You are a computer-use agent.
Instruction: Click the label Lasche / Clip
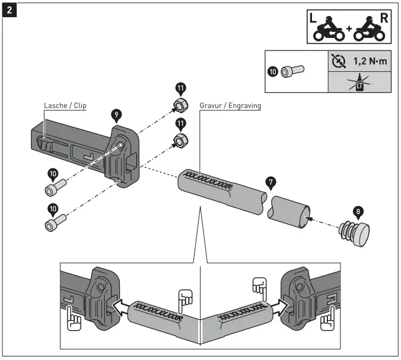coord(65,106)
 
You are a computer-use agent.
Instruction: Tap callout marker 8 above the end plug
coord(358,211)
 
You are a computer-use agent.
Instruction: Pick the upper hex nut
coord(178,107)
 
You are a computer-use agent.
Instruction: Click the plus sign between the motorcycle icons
coord(349,30)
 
